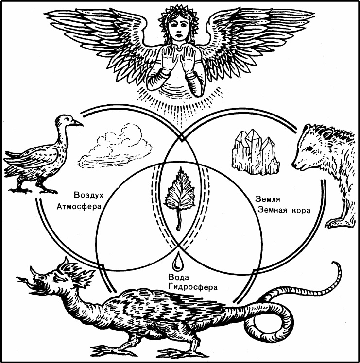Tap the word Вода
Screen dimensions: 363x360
(x=175, y=277)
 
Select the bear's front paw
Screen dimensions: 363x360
(x=334, y=223)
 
